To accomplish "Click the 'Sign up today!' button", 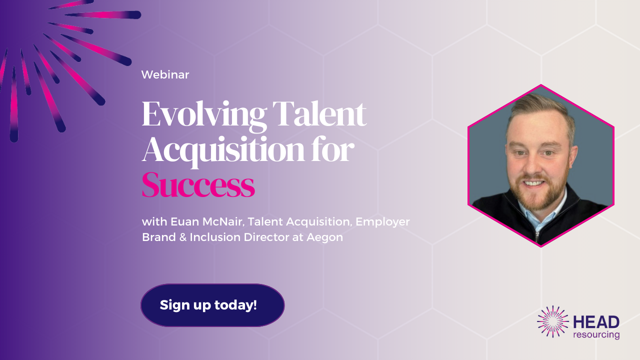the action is [x=212, y=305].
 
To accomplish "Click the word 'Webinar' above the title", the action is [x=165, y=75].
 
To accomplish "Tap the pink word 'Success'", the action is [x=198, y=185].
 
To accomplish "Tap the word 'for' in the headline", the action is [x=333, y=149].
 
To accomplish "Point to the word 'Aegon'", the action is [x=324, y=237].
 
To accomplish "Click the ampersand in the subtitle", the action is [x=183, y=237].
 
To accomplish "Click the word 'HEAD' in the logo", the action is [x=596, y=322].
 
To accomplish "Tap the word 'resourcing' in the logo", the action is [x=596, y=334].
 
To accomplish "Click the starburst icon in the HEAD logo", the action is [x=553, y=321].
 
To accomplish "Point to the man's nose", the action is [x=533, y=165].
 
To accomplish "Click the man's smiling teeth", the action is [x=533, y=183].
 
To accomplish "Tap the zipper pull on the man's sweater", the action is [x=537, y=236].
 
